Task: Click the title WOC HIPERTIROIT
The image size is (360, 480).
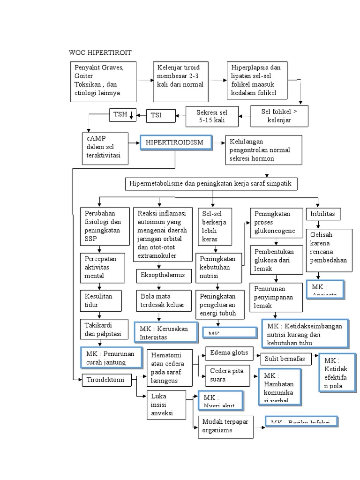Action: tap(100, 52)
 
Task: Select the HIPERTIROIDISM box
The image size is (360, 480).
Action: tap(175, 143)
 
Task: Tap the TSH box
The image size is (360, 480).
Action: tap(123, 114)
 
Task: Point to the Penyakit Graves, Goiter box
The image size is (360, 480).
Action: tap(103, 81)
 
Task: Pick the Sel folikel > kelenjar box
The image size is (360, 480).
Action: tap(279, 116)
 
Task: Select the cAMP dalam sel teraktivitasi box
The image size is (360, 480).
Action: tap(104, 149)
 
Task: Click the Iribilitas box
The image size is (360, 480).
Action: tap(323, 214)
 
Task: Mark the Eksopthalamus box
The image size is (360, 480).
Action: tap(164, 276)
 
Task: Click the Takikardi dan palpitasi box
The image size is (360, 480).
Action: tap(103, 330)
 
